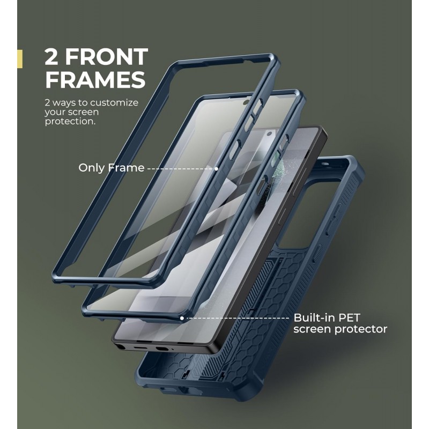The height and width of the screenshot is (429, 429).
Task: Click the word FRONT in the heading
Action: [107, 57]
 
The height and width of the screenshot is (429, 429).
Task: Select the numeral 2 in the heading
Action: [51, 57]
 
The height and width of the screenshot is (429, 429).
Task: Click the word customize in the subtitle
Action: [114, 102]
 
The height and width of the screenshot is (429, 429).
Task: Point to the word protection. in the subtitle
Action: [70, 121]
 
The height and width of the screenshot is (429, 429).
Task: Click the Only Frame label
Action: [112, 168]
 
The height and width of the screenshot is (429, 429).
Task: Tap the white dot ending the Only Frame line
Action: [216, 168]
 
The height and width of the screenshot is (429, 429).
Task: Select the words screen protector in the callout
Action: [340, 329]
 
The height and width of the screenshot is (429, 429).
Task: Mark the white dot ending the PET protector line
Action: [182, 318]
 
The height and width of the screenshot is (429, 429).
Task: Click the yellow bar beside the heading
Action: [20, 59]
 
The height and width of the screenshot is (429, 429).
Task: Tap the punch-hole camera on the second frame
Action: [246, 102]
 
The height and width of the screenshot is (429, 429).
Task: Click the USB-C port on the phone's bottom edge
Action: [139, 347]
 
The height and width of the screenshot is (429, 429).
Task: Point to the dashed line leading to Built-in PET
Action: [236, 318]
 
